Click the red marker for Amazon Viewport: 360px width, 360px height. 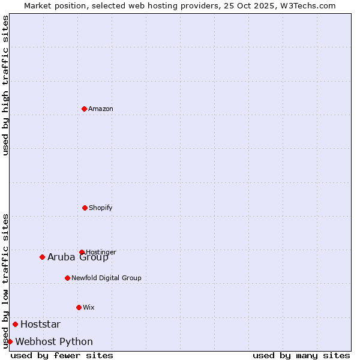click(84, 109)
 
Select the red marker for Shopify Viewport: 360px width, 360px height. click(85, 208)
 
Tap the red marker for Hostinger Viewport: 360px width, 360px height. click(82, 252)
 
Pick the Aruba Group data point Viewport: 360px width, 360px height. click(42, 257)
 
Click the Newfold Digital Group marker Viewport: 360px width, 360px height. click(67, 278)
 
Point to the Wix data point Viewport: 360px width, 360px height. click(79, 307)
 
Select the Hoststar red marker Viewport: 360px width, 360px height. click(15, 324)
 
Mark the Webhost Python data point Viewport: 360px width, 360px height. click(10, 341)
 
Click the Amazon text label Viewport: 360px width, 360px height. click(101, 109)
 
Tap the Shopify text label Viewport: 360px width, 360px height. click(101, 208)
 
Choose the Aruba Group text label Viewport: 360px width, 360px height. click(78, 257)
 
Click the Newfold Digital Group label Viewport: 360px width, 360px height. click(106, 278)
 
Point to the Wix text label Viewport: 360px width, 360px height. click(89, 308)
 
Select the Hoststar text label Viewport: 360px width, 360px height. click(40, 325)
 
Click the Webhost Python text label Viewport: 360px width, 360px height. click(54, 342)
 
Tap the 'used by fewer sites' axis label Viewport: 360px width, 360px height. click(62, 355)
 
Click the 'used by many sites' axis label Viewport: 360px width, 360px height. click(301, 355)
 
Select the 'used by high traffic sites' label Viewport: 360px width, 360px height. click(5, 85)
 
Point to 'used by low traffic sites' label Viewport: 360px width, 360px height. click(5, 281)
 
